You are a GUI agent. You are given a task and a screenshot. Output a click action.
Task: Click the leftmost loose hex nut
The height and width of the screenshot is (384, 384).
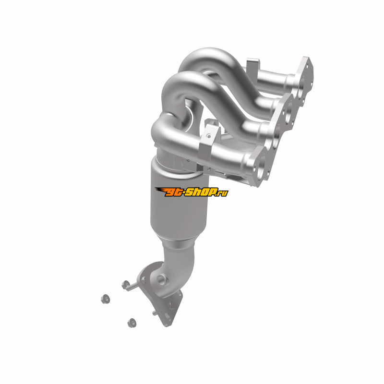coord(105,299)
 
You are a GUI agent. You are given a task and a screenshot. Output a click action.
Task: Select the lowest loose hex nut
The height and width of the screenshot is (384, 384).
coord(132,323)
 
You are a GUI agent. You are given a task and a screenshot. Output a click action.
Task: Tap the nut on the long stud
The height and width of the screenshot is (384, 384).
coord(126,285)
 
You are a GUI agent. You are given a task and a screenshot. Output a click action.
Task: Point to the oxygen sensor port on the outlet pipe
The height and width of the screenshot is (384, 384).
coord(161,280)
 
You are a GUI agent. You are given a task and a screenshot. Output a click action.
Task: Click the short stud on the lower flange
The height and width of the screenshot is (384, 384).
coord(154,313)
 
